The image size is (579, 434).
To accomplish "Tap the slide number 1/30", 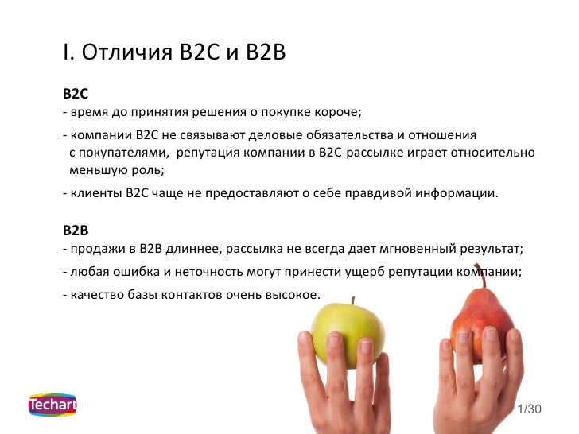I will (529, 409).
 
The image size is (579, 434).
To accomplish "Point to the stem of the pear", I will (477, 273).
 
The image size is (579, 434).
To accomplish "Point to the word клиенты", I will (95, 192).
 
